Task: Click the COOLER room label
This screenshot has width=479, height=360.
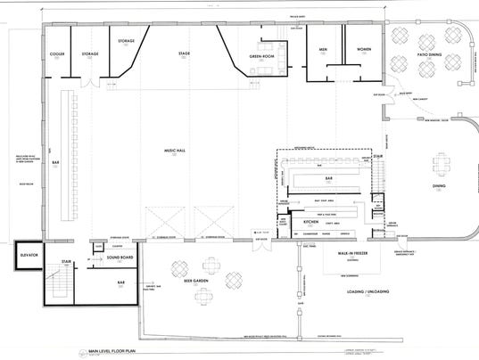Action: pyautogui.click(x=58, y=53)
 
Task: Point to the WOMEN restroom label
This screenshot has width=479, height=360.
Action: pyautogui.click(x=364, y=50)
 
